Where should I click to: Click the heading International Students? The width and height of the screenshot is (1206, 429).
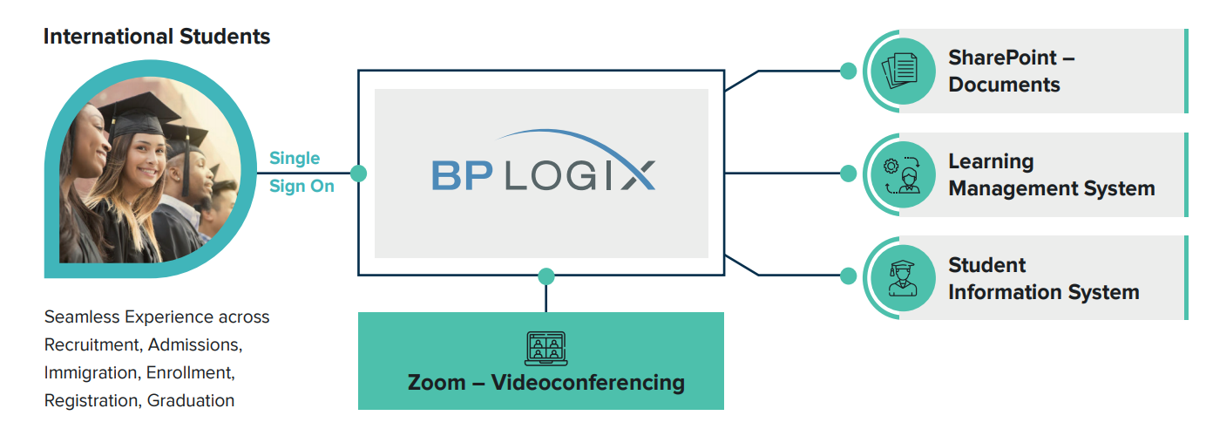point(157,37)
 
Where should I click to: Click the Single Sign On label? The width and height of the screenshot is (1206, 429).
point(301,172)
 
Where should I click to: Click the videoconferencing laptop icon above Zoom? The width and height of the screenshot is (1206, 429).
point(546,349)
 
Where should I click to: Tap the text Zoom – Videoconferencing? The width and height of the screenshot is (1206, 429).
point(546,382)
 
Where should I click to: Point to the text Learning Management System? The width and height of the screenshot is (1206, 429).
point(1051,174)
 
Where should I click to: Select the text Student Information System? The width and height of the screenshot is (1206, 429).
point(1043,278)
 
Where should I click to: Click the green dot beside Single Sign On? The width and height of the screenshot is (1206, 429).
point(358,173)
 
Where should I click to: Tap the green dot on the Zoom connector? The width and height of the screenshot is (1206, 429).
point(546,276)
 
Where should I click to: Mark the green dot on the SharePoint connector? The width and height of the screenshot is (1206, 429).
point(848,71)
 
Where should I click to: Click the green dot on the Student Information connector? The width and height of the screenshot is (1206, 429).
point(848,276)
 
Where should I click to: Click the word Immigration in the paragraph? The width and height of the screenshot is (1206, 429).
point(91,372)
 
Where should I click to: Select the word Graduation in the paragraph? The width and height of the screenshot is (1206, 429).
point(191,400)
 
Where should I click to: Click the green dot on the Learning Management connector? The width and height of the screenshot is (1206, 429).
point(848,174)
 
